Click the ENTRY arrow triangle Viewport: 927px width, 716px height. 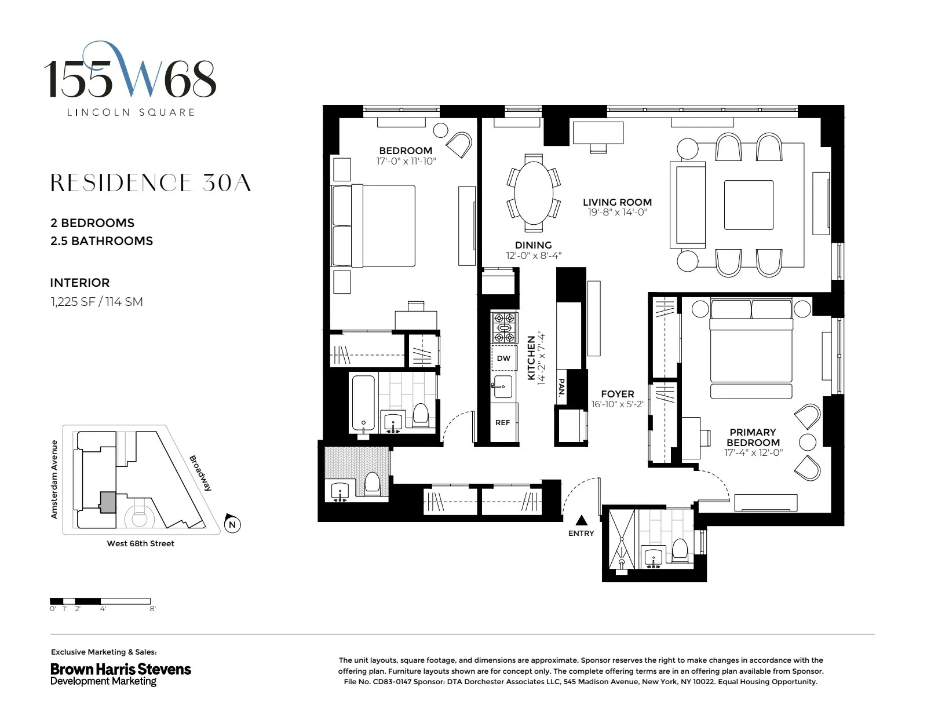(x=581, y=520)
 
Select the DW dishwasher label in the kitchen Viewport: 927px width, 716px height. (x=503, y=359)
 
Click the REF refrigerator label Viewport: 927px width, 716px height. (x=502, y=423)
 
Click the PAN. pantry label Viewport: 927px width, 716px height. (x=561, y=387)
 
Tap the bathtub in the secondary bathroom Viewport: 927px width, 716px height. (x=363, y=403)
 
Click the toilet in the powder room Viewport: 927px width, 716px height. (x=371, y=484)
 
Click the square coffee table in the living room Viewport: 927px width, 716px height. (x=749, y=205)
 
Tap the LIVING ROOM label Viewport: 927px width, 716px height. (x=617, y=202)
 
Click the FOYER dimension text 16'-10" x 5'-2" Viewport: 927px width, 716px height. (x=617, y=404)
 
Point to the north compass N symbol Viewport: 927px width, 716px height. (x=232, y=524)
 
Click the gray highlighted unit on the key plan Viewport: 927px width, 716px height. (x=107, y=502)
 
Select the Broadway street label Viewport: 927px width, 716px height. (x=200, y=473)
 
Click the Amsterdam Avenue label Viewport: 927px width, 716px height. (x=54, y=479)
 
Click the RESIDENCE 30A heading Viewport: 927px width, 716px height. (x=151, y=183)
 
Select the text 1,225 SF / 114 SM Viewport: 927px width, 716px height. (x=96, y=302)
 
